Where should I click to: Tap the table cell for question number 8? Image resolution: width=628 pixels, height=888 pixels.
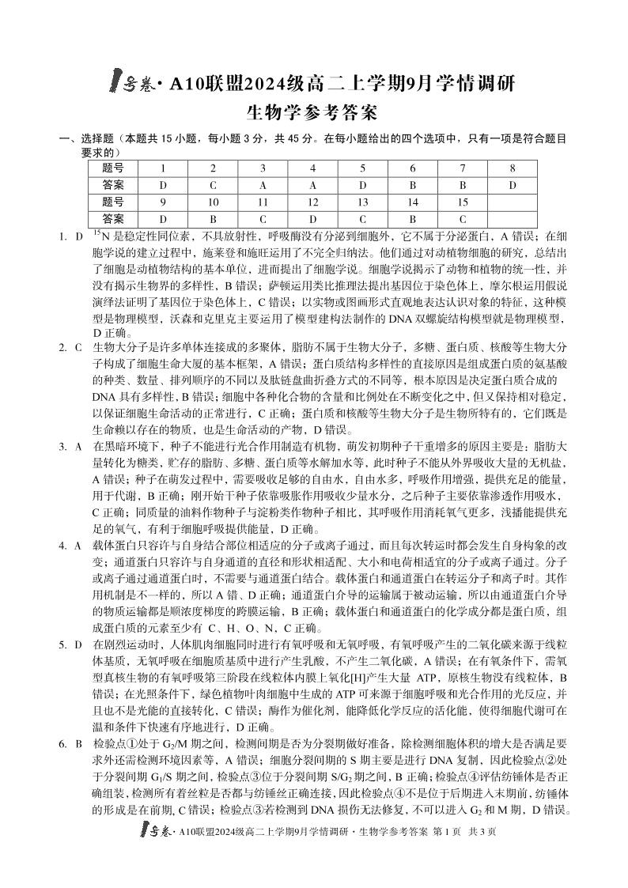[x=513, y=168]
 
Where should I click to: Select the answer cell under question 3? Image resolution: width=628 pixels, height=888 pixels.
[x=263, y=185]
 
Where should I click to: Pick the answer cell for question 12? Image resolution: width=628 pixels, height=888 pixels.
[x=312, y=218]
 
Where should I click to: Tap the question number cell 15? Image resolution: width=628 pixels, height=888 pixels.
[x=463, y=202]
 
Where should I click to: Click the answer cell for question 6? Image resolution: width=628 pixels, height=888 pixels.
[x=412, y=185]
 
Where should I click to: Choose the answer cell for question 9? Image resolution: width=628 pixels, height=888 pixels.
[x=163, y=218]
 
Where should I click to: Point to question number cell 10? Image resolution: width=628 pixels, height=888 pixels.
[x=213, y=202]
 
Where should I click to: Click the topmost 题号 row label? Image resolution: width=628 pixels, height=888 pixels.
[x=112, y=168]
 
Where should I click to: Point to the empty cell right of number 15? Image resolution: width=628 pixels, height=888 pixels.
[x=513, y=202]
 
